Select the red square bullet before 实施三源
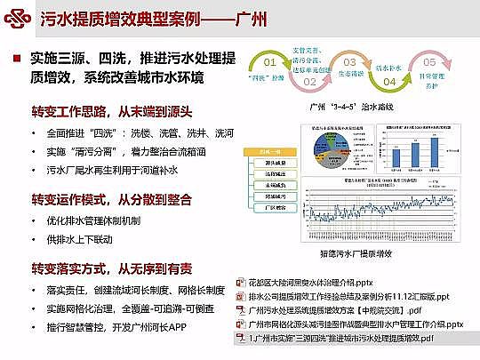pos(16,58)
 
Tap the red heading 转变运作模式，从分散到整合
pos(102,197)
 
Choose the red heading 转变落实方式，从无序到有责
pos(102,268)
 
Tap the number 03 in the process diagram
pos(349,62)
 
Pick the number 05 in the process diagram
pos(429,62)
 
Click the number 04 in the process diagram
pos(388,81)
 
